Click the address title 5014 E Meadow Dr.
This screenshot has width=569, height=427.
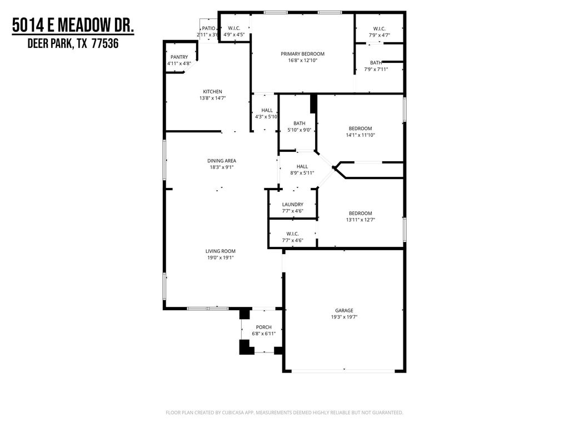73,26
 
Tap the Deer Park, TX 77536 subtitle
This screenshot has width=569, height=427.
73,43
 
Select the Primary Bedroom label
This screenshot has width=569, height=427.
303,54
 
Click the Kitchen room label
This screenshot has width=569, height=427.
212,92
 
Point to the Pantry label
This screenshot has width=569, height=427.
179,57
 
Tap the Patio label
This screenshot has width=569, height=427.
208,28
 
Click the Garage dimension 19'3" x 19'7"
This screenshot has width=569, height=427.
344,317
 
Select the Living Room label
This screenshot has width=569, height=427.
220,251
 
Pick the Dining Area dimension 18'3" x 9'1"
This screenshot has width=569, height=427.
221,167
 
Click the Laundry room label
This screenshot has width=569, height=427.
292,205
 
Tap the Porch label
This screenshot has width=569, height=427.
263,327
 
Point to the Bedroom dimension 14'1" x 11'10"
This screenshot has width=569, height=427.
360,135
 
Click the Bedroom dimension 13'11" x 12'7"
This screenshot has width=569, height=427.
360,220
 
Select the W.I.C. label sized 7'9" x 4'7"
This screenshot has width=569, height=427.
379,29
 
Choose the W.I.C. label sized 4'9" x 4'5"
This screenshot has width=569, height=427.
234,28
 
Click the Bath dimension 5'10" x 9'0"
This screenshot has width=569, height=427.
300,130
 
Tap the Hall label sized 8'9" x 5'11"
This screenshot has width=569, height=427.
302,166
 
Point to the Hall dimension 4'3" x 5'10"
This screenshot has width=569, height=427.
266,117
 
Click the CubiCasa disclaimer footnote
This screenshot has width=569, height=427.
284,413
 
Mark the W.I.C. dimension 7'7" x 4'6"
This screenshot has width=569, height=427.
292,240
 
